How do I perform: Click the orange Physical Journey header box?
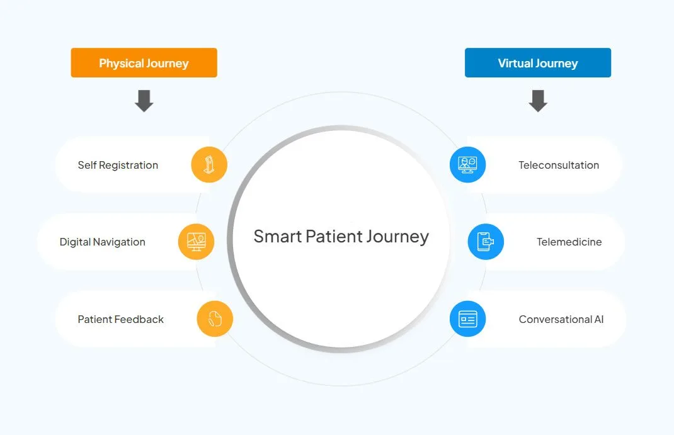(144, 63)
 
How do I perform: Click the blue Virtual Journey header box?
(538, 63)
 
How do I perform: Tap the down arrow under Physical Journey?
(144, 101)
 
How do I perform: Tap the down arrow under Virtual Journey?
(538, 101)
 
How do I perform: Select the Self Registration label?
(118, 166)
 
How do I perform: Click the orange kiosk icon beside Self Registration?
(209, 164)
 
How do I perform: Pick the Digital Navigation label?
(102, 242)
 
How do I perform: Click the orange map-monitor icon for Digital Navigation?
(196, 242)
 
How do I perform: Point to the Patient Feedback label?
(121, 319)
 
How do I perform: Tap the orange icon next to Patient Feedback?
(215, 319)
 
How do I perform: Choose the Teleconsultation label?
(559, 166)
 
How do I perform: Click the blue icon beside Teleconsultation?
(467, 164)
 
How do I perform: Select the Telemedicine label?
(569, 242)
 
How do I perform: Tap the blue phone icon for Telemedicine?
(486, 242)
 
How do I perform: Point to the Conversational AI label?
(561, 319)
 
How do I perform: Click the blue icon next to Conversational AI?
(467, 319)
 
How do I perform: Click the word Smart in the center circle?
(278, 236)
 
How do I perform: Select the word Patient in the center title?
(334, 236)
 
